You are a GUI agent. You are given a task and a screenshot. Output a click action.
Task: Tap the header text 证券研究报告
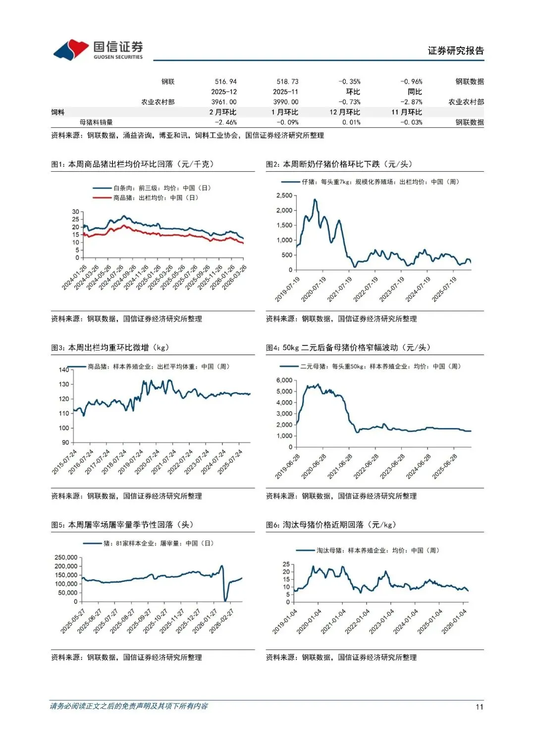[x=456, y=51]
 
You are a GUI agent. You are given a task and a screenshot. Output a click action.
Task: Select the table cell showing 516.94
[x=225, y=82]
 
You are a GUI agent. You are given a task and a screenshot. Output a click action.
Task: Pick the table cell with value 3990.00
[x=286, y=102]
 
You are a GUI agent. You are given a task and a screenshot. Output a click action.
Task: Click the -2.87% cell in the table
[x=411, y=102]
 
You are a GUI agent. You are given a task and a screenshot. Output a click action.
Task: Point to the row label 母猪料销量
[x=96, y=122]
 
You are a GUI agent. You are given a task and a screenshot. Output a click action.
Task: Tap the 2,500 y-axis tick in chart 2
[x=284, y=196]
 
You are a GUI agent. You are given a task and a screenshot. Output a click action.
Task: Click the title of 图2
[x=339, y=164]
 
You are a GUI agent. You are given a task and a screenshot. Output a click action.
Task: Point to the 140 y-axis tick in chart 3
[x=64, y=370]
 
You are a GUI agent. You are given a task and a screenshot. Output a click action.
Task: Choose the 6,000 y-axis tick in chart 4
[x=284, y=380]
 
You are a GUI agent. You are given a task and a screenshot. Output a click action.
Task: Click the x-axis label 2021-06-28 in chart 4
[x=340, y=466]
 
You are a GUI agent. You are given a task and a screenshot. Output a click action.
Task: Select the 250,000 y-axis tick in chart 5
[x=66, y=557]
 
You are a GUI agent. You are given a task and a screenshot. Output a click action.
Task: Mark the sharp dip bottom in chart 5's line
[x=225, y=600]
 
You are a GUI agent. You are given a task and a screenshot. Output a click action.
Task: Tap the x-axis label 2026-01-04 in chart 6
[x=454, y=621]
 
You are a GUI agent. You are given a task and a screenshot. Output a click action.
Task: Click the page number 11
[x=479, y=707]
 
